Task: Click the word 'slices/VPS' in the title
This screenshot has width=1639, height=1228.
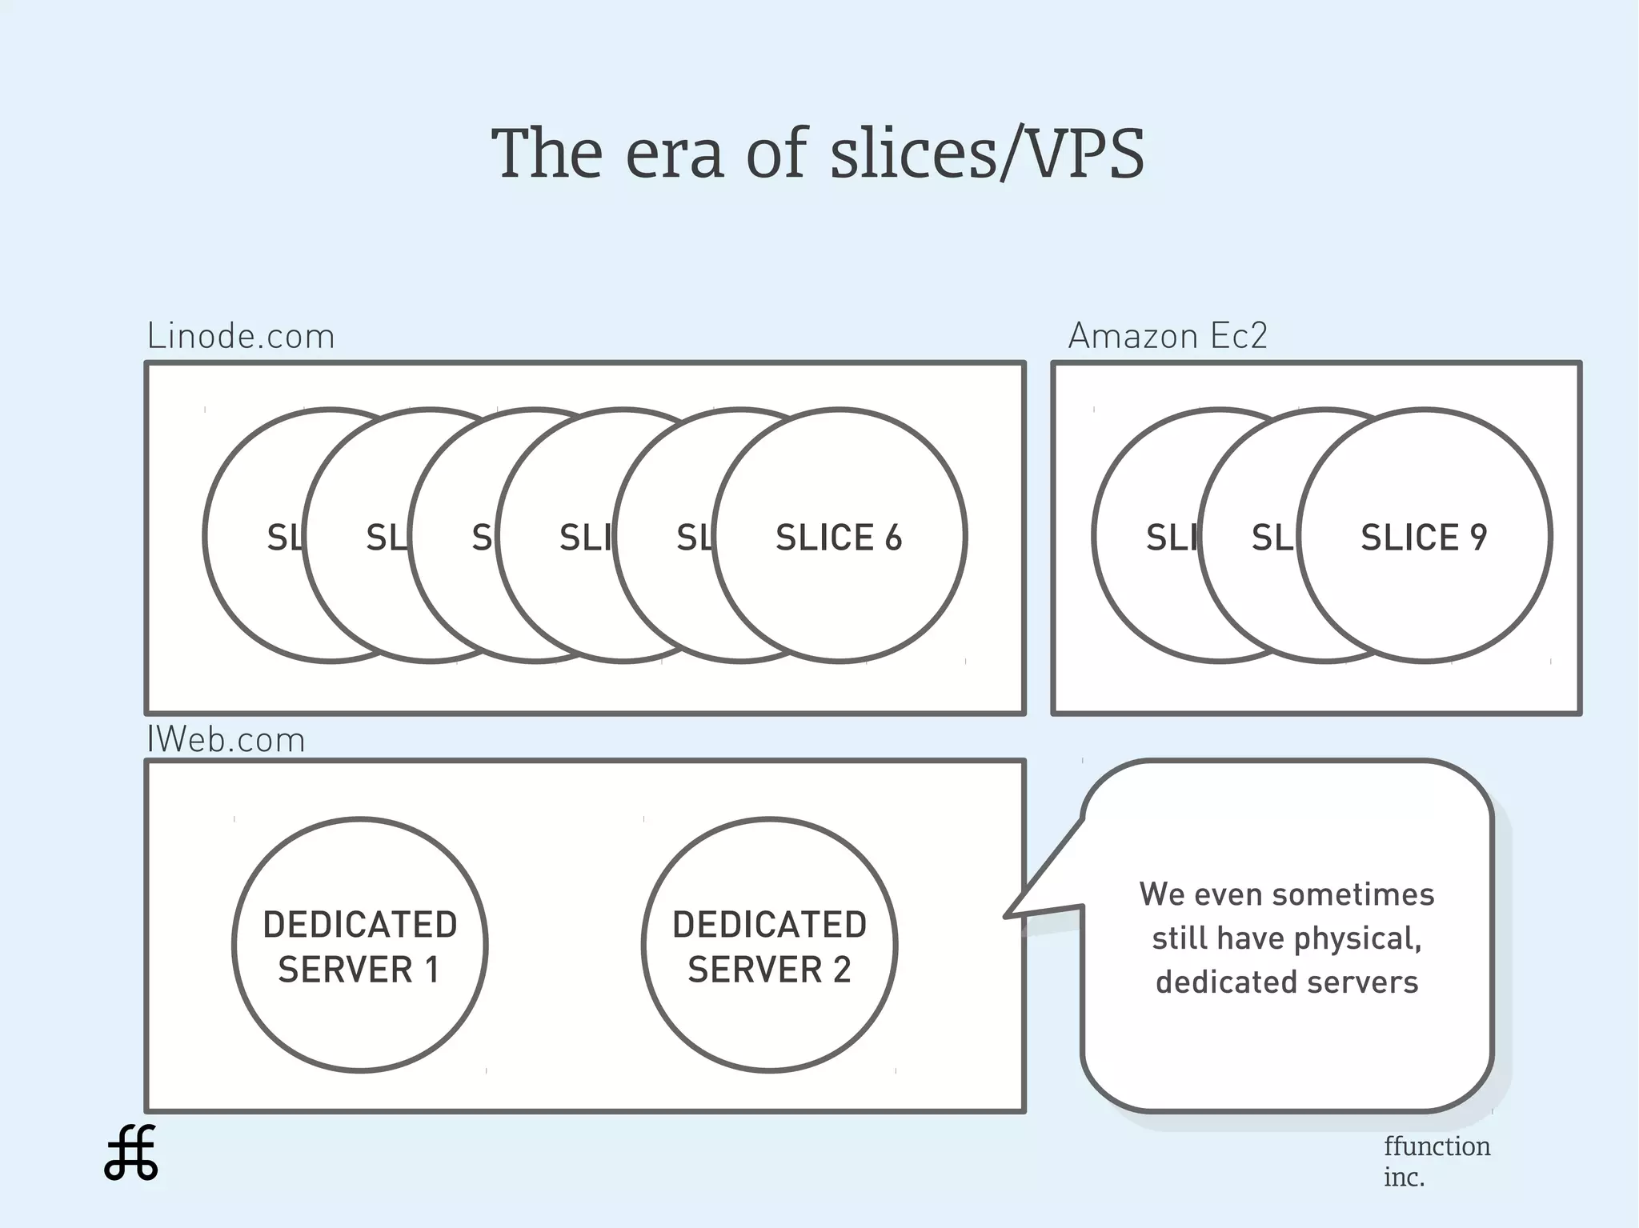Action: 987,153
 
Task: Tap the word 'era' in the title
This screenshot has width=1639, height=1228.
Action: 674,154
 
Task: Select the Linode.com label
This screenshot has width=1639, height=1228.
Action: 241,337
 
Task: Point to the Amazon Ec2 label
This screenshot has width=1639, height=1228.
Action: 1168,336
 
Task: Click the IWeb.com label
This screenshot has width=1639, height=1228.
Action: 226,740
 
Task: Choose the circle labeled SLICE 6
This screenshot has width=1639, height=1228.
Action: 839,536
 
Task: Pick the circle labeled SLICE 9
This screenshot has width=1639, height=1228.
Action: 1425,536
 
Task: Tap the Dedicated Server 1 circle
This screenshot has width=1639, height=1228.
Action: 360,946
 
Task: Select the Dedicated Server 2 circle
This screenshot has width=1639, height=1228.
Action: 769,946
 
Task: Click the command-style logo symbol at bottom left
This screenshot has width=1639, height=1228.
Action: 131,1153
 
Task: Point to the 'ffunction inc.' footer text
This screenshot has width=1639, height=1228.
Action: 1437,1161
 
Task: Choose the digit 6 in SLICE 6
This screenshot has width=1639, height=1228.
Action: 893,538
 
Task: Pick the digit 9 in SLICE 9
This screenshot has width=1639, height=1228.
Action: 1478,538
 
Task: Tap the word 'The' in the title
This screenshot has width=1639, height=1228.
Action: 546,153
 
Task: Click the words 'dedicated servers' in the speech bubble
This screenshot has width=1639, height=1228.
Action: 1287,982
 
